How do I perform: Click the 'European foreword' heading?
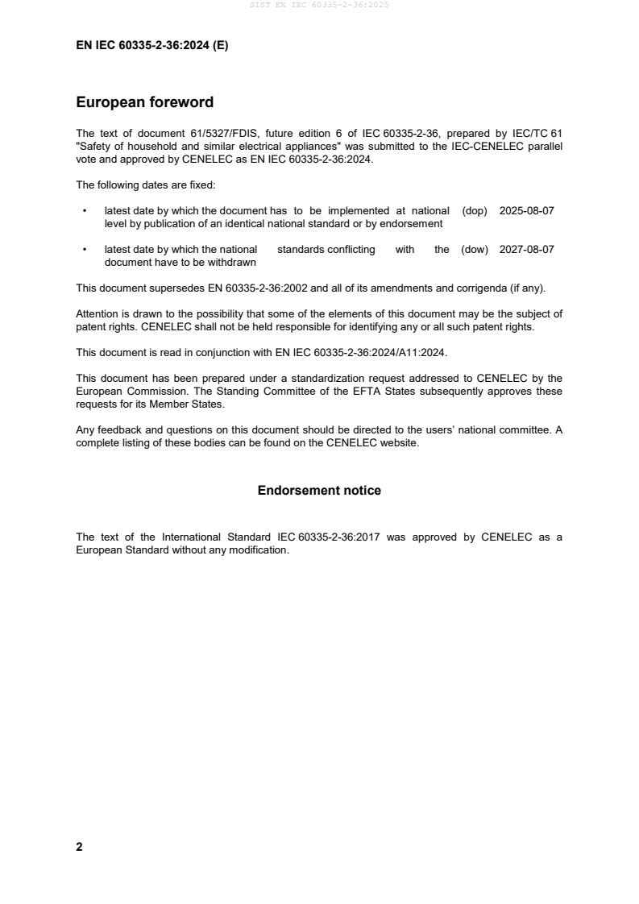tap(144, 102)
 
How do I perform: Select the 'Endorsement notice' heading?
tap(319, 490)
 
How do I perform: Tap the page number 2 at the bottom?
tap(79, 847)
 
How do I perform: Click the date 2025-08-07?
tap(526, 210)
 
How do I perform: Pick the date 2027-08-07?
tap(526, 250)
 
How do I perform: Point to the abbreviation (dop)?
tap(475, 210)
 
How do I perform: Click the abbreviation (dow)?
tap(475, 250)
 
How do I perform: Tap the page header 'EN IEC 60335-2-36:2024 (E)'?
tap(151, 46)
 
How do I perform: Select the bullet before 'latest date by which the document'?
tap(85, 211)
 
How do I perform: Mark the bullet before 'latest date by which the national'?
tap(85, 251)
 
